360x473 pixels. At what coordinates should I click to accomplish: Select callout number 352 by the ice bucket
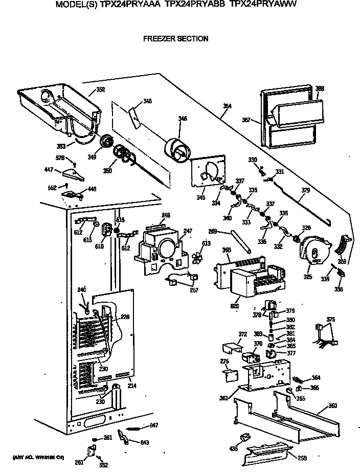pos(100,89)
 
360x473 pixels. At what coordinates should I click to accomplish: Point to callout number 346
pos(182,119)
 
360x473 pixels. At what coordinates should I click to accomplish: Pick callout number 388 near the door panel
pos(320,88)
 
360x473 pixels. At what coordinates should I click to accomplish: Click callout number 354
pos(227,106)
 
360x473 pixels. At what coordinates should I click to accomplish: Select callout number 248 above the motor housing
pos(166,215)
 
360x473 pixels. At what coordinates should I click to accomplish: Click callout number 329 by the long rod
pos(305,190)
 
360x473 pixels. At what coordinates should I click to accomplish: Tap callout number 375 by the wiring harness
pos(331,320)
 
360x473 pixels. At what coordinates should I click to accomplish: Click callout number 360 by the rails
pos(332,406)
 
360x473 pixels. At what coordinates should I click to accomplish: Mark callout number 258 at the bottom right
pos(303,458)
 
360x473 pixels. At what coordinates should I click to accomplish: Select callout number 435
pos(234,448)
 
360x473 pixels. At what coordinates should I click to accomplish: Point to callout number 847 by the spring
pos(154,425)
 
